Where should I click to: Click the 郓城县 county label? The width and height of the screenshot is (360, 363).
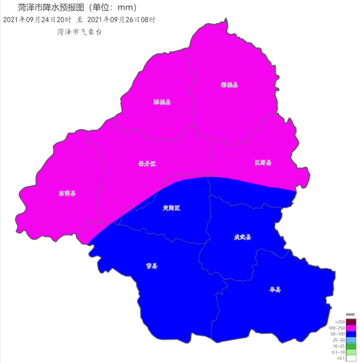(x=230, y=85)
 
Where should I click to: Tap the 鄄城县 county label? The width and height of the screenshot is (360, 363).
(x=162, y=102)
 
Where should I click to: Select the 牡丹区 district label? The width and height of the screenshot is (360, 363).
(x=147, y=164)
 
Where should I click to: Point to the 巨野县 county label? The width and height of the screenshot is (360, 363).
(x=263, y=163)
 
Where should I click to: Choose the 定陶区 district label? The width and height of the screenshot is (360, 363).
(x=171, y=208)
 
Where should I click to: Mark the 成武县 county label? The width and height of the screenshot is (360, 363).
(x=242, y=237)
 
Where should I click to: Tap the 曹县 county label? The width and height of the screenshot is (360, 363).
(x=152, y=266)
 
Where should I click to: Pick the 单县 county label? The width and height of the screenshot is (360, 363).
(x=275, y=290)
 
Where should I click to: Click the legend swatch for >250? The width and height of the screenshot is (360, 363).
(x=351, y=322)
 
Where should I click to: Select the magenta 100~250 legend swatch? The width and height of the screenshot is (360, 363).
(x=351, y=328)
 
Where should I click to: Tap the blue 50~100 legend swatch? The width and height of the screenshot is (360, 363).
(x=351, y=334)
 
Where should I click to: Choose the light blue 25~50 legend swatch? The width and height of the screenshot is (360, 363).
(x=351, y=340)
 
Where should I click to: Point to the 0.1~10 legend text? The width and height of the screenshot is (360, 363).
(x=339, y=352)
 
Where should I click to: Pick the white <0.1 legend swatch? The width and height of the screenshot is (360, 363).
(x=351, y=358)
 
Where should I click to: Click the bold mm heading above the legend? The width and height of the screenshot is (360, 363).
(x=350, y=314)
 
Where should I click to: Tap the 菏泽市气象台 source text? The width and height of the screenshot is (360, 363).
(x=80, y=32)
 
